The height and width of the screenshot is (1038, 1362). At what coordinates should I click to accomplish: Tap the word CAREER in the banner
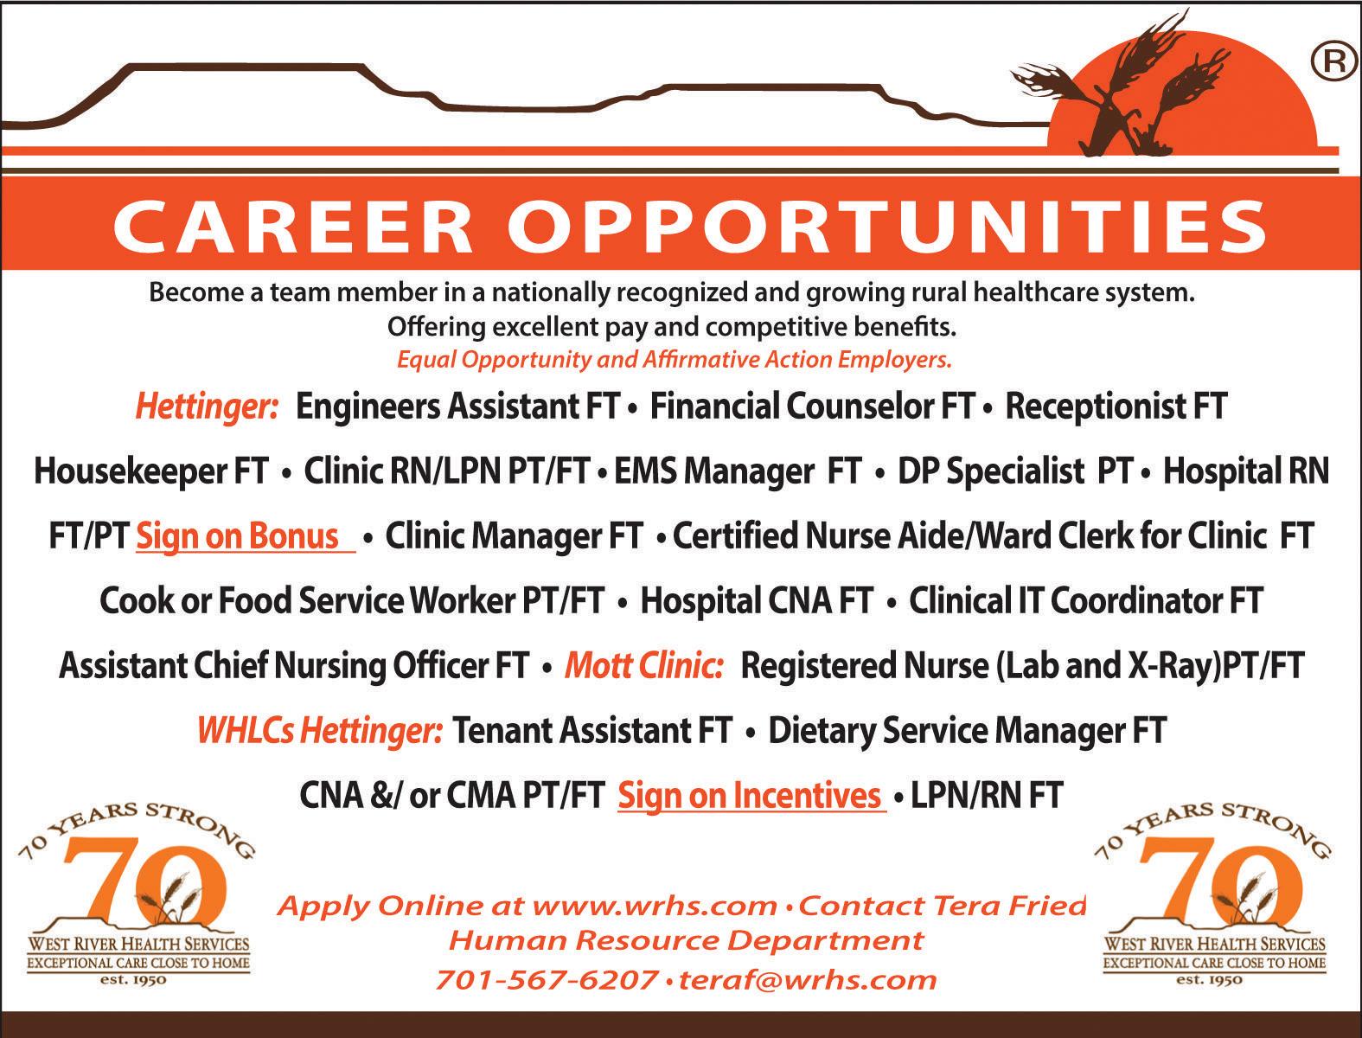293,227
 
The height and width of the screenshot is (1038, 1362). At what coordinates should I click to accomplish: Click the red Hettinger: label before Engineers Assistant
208,407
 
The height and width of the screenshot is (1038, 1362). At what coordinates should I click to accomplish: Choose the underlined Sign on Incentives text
750,796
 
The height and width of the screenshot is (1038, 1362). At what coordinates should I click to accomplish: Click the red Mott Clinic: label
644,666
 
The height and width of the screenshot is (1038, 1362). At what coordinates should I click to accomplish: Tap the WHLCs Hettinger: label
320,731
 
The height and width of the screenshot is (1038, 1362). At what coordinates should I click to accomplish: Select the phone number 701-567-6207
546,981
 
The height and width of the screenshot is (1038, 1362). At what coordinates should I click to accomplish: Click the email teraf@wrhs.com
808,981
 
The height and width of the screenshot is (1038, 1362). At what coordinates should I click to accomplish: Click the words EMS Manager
714,471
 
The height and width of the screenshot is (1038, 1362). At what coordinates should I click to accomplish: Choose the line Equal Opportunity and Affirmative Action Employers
675,360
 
